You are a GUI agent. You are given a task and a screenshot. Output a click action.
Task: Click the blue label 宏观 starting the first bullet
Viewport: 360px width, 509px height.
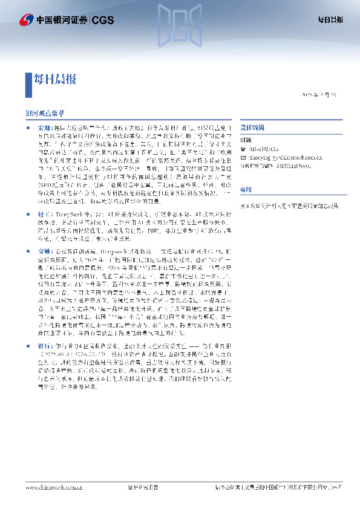44,129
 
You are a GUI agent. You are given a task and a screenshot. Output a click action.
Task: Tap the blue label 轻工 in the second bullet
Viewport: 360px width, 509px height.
44,215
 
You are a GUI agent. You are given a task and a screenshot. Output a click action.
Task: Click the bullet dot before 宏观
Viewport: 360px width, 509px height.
28,129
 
